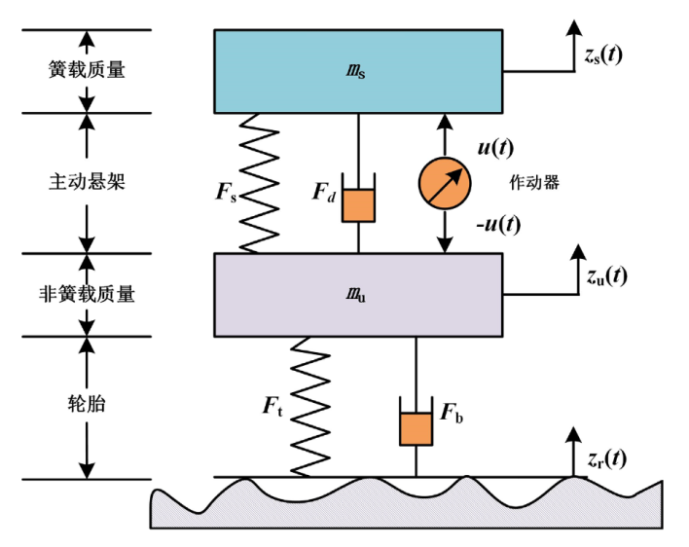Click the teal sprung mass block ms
[x=358, y=70]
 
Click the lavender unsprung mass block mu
[x=358, y=294]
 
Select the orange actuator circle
[x=445, y=182]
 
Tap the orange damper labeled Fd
[x=358, y=204]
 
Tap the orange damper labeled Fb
[x=416, y=428]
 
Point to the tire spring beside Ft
[x=313, y=406]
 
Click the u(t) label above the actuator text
[x=495, y=148]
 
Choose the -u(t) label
[x=496, y=225]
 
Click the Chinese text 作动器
[x=535, y=182]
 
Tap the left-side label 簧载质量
[x=88, y=70]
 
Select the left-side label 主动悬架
[x=88, y=182]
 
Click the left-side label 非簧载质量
[x=88, y=294]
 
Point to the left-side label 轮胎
[x=88, y=406]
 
